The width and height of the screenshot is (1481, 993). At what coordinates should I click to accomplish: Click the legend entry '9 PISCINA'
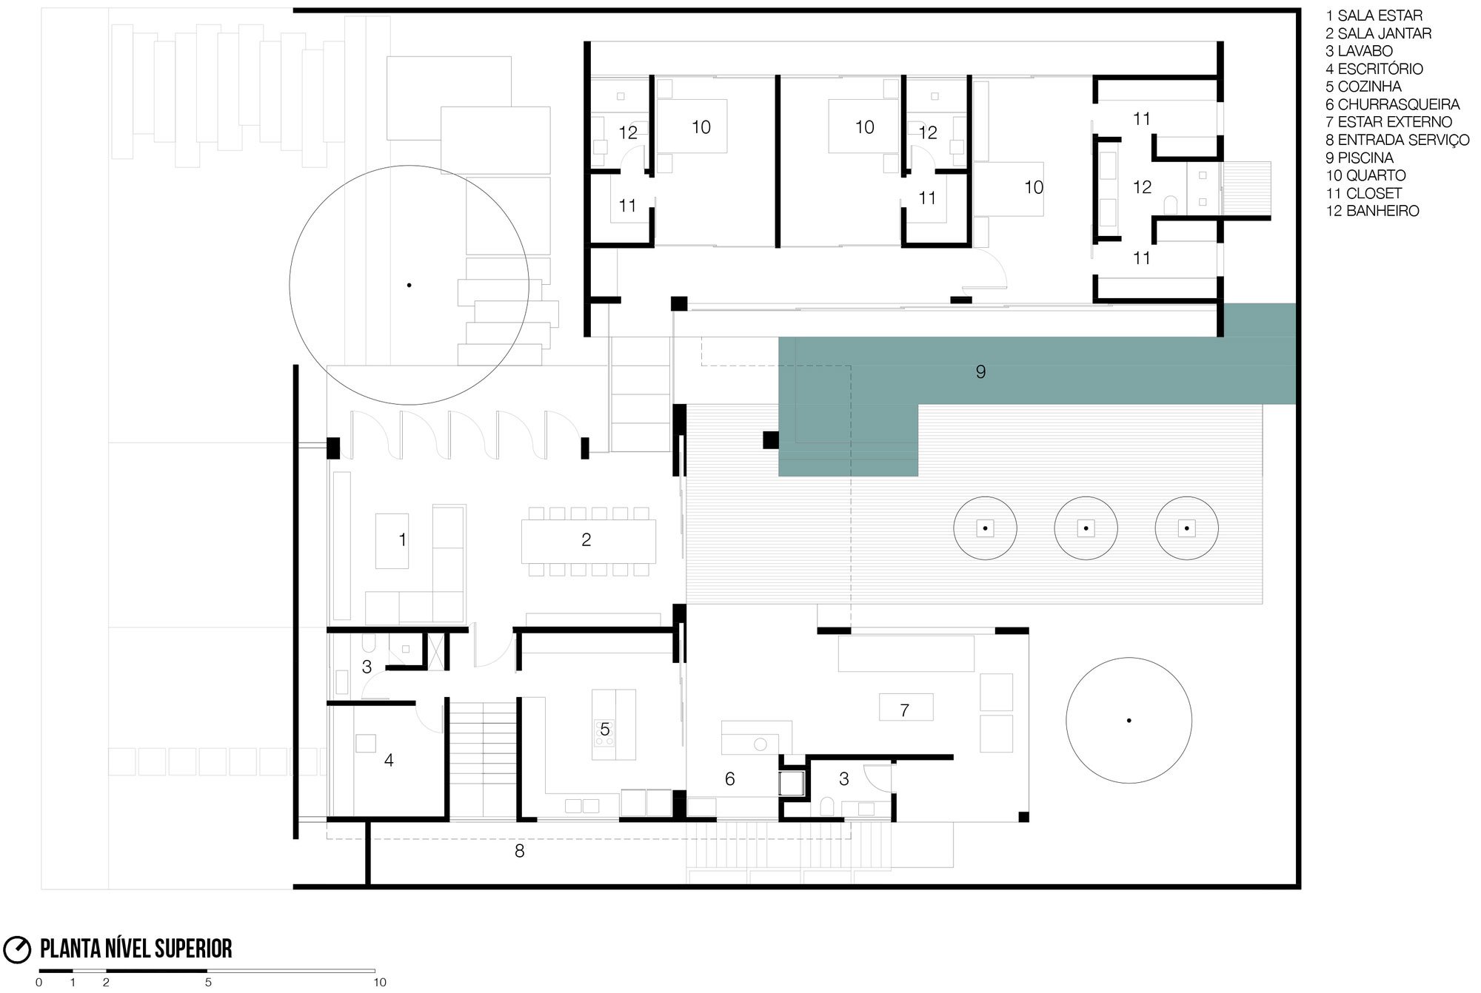(x=1360, y=158)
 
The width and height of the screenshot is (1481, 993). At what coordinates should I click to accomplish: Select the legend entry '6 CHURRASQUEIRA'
(x=1392, y=104)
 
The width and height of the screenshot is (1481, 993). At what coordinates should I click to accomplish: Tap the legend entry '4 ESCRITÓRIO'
(x=1374, y=69)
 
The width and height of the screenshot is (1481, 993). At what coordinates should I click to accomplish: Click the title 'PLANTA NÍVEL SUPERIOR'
(x=136, y=949)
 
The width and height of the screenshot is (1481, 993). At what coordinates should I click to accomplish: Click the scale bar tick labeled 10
(x=379, y=983)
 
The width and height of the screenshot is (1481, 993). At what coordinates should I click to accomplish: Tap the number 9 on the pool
(x=980, y=371)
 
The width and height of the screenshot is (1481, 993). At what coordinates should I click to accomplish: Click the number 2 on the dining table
(x=586, y=540)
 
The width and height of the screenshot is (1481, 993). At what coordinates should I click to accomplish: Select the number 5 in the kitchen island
(x=605, y=730)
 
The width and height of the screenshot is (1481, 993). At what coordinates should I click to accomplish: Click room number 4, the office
(x=388, y=760)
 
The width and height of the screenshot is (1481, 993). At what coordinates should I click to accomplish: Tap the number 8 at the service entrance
(x=519, y=852)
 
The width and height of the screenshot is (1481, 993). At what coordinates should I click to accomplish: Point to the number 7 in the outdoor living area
(x=904, y=710)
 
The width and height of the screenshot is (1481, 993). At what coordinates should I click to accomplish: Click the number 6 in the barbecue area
(x=729, y=778)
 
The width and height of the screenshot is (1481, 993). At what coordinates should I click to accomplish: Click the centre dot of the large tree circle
(x=409, y=285)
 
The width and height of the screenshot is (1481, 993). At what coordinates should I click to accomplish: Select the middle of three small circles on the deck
(x=1086, y=528)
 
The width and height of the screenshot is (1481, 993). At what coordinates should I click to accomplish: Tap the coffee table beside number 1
(x=391, y=541)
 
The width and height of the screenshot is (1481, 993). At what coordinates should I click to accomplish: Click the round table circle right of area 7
(x=1129, y=720)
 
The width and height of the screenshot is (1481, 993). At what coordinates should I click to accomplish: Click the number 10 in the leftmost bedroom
(x=701, y=127)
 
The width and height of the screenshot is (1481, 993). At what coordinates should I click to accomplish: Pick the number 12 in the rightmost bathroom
(x=1142, y=187)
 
